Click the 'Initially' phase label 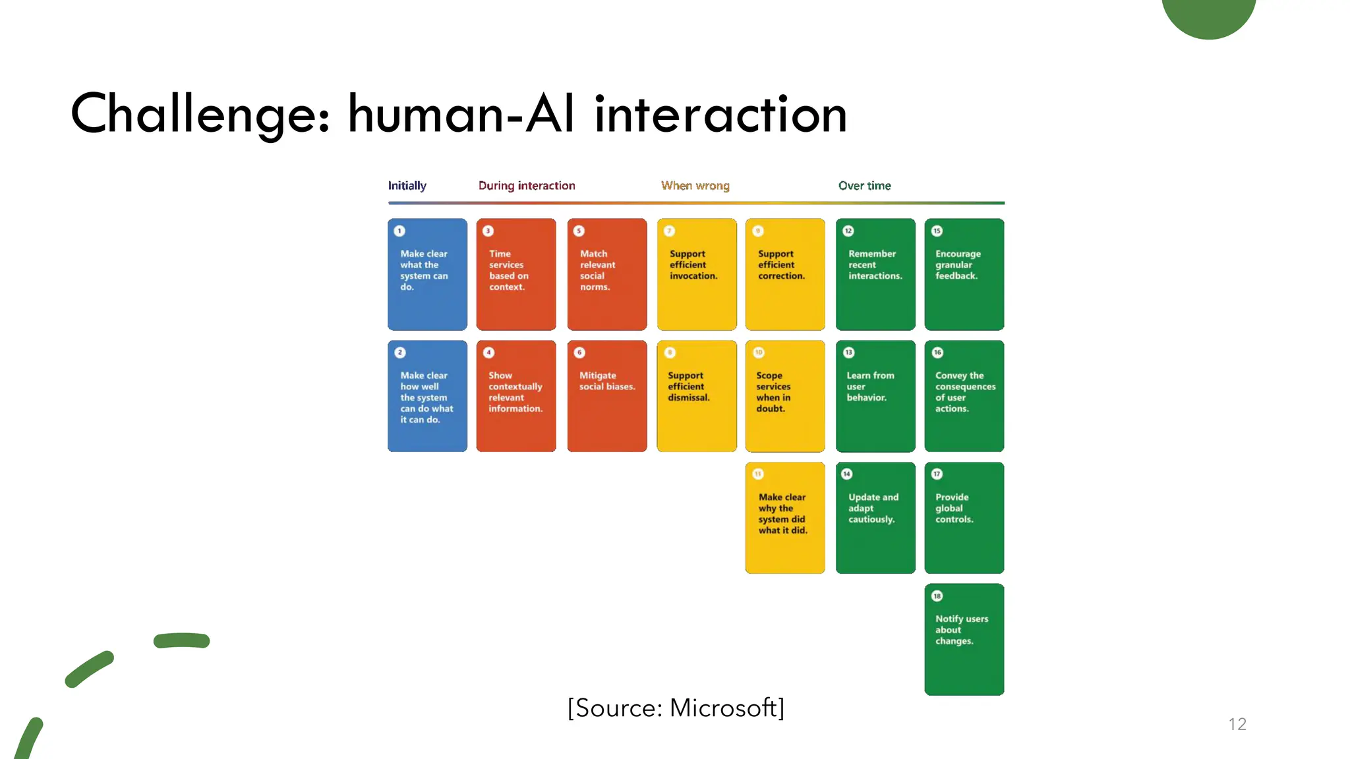pyautogui.click(x=407, y=186)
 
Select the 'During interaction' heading pyautogui.click(x=527, y=186)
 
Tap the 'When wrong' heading pyautogui.click(x=695, y=186)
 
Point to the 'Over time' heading pyautogui.click(x=864, y=186)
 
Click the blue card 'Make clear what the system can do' pyautogui.click(x=427, y=275)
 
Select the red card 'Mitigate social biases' pyautogui.click(x=606, y=396)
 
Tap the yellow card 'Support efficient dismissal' pyautogui.click(x=696, y=396)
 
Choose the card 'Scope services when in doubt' pyautogui.click(x=784, y=396)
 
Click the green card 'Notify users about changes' pyautogui.click(x=964, y=639)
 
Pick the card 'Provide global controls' pyautogui.click(x=964, y=518)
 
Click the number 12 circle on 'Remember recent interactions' pyautogui.click(x=848, y=231)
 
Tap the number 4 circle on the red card pyautogui.click(x=488, y=352)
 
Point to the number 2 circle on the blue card pyautogui.click(x=399, y=352)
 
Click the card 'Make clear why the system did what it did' pyautogui.click(x=784, y=518)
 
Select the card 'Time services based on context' pyautogui.click(x=516, y=275)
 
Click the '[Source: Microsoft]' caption pyautogui.click(x=676, y=708)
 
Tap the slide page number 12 pyautogui.click(x=1237, y=724)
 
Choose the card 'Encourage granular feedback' pyautogui.click(x=964, y=275)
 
